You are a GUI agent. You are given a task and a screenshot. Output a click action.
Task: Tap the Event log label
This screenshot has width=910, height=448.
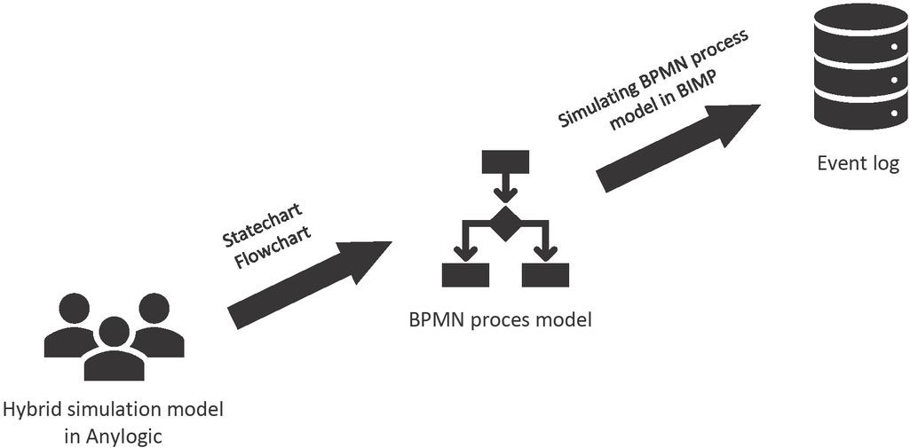(x=859, y=164)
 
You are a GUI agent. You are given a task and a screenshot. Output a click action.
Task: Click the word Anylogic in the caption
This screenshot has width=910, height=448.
(x=126, y=435)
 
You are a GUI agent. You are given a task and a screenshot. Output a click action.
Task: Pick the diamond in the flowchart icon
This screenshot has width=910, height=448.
(x=505, y=224)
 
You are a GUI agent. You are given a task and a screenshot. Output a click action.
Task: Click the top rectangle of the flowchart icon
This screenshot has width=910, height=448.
(x=505, y=161)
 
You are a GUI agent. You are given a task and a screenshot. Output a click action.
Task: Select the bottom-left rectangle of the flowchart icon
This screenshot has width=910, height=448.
(x=465, y=275)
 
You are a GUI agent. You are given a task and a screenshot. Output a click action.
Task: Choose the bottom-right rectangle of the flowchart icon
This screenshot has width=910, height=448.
(x=545, y=275)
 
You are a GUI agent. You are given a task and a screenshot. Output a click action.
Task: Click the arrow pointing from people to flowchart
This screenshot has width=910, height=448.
(x=309, y=285)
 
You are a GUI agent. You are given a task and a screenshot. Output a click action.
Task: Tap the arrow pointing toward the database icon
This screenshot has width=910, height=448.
(x=678, y=148)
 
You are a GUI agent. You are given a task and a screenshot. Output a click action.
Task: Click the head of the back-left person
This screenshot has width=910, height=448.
(x=75, y=310)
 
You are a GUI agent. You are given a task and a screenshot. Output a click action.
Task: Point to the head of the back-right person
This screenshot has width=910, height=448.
(x=154, y=310)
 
